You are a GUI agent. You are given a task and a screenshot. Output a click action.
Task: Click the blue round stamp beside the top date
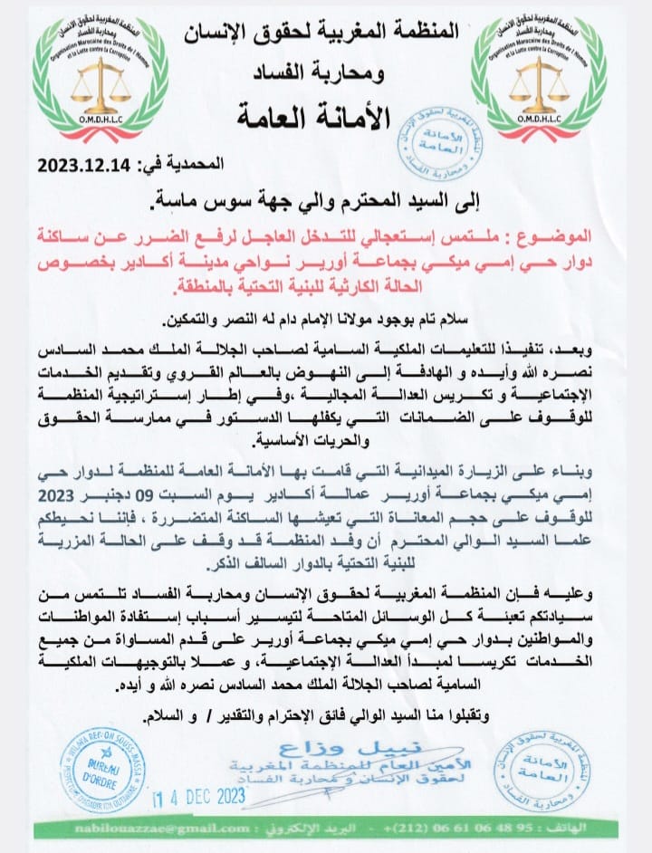[442, 137]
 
